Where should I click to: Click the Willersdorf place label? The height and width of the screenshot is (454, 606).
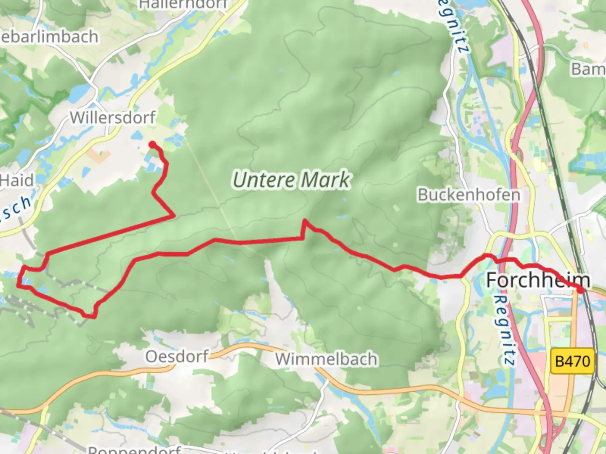click(x=113, y=117)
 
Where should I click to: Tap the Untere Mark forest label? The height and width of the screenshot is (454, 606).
click(x=291, y=180)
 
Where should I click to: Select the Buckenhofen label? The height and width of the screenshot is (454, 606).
click(x=469, y=195)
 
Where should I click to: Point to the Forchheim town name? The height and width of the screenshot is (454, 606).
click(x=538, y=280)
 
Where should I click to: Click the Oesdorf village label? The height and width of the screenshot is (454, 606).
click(x=177, y=356)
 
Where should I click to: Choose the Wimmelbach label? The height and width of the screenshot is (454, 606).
click(x=326, y=359)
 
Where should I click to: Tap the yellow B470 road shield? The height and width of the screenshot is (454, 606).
click(x=573, y=361)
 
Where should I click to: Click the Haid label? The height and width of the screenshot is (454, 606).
click(x=17, y=181)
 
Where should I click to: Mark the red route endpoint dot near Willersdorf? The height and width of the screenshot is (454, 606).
click(x=152, y=145)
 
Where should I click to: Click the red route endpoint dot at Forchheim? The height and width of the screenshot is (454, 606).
click(x=580, y=290)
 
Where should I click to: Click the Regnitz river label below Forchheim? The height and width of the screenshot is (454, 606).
click(x=505, y=330)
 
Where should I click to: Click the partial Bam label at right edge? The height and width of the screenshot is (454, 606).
click(x=588, y=69)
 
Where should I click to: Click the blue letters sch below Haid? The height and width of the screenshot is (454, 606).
click(x=17, y=210)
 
